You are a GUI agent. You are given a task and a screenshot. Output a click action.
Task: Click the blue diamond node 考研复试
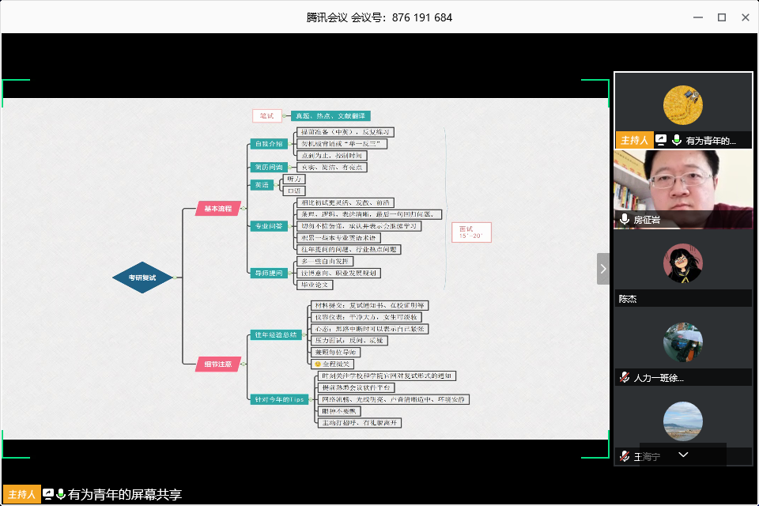click(x=142, y=278)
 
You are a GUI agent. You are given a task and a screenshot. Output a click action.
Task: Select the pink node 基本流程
click(x=217, y=209)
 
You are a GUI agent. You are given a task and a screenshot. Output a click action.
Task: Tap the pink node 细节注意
click(x=217, y=364)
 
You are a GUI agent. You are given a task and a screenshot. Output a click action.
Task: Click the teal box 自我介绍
click(x=267, y=144)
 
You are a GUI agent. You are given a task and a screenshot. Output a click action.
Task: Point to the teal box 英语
click(x=261, y=185)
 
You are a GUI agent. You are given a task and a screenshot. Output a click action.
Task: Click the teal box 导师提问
click(x=267, y=273)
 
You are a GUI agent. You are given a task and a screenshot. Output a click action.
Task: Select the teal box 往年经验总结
click(x=275, y=334)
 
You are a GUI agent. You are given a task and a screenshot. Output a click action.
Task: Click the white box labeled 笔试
click(x=267, y=116)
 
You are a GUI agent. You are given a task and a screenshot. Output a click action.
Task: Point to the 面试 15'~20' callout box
click(x=471, y=232)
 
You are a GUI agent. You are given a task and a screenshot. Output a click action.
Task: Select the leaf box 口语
click(x=295, y=191)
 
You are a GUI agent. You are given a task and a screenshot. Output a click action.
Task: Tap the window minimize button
click(x=697, y=17)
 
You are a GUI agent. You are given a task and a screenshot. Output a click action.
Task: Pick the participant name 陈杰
click(x=628, y=300)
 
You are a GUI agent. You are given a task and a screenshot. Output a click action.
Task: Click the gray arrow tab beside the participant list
click(x=603, y=269)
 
